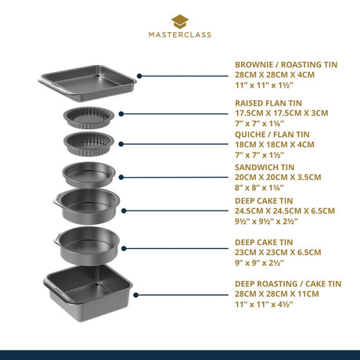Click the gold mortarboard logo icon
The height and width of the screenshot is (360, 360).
180,22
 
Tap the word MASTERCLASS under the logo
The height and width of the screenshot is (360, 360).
180,34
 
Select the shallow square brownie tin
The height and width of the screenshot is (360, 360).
87,83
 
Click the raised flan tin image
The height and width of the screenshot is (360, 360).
88,117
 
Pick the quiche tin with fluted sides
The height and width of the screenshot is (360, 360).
89,144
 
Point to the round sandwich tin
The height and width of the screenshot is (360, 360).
88,175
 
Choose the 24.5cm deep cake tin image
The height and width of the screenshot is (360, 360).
87,207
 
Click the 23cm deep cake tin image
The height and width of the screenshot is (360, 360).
87,246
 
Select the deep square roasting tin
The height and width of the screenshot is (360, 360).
88,293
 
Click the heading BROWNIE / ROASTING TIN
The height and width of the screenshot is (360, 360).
286,65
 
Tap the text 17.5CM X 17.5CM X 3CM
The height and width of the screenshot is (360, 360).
282,113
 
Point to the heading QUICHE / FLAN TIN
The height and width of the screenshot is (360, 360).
272,135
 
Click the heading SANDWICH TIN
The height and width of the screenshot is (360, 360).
265,167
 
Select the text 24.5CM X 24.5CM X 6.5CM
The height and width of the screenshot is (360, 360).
285,211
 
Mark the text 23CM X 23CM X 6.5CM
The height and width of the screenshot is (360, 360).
278,253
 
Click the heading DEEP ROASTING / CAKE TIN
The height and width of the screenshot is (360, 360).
288,284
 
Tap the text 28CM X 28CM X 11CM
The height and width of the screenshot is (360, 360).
277,294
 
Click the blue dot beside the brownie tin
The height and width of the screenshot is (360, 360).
139,76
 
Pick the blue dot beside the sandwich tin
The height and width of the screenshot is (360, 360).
121,178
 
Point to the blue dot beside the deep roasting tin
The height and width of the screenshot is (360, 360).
135,295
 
